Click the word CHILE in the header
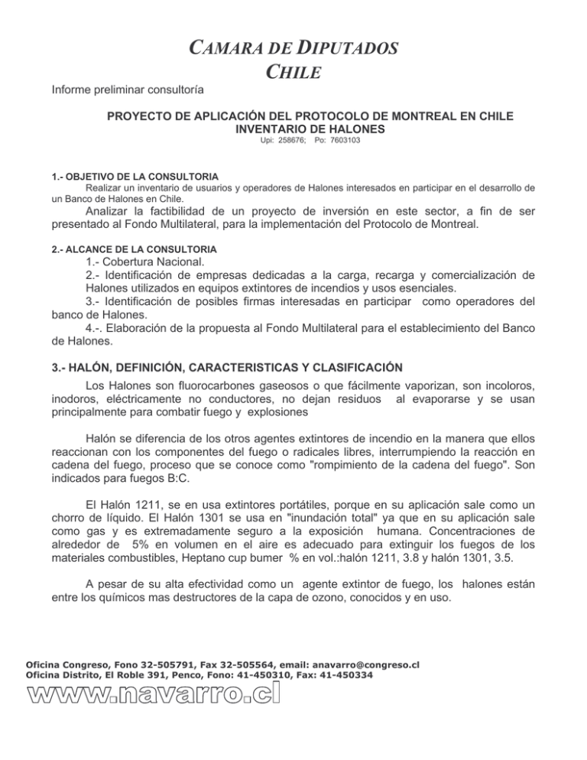[293, 74]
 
